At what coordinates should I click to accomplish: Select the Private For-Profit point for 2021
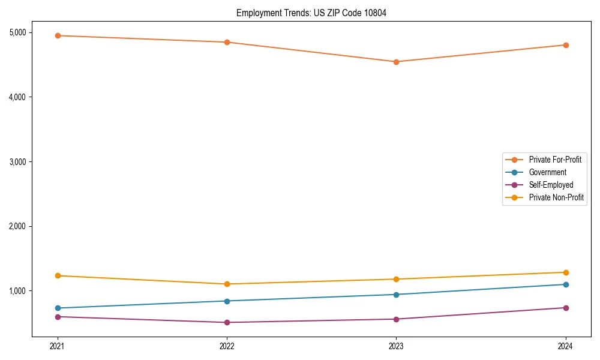click(58, 35)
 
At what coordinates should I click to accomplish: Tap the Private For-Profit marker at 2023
click(397, 62)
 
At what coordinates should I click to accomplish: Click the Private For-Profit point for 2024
click(566, 45)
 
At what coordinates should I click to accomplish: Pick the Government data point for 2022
click(227, 301)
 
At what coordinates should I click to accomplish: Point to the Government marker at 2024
click(566, 284)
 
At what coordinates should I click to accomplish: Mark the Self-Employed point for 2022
click(227, 322)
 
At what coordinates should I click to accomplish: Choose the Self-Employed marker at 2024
click(566, 308)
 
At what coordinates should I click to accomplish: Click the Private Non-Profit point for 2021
click(58, 275)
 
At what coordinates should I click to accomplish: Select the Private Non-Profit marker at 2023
click(397, 279)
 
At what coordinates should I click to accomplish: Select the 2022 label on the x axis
click(227, 346)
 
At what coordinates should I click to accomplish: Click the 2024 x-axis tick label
click(566, 346)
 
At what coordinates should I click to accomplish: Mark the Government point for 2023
click(397, 295)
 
